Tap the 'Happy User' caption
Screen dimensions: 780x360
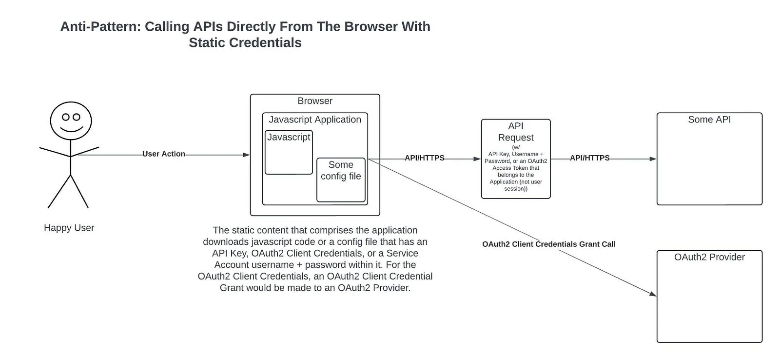(69, 228)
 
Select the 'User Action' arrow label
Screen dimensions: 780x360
(164, 154)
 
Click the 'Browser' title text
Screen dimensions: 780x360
(315, 101)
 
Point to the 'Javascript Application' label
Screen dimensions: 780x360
(315, 120)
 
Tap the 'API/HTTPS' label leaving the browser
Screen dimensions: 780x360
(425, 158)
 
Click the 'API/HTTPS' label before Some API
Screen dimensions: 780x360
(590, 158)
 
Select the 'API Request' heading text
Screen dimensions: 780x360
(516, 132)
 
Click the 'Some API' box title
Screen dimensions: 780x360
(709, 120)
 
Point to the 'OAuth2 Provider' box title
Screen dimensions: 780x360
(709, 257)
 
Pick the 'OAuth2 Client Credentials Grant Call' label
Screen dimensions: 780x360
(549, 244)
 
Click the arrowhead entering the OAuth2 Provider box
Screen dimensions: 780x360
(653, 294)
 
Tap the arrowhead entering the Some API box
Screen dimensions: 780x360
(653, 159)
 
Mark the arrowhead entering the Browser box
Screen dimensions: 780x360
(246, 155)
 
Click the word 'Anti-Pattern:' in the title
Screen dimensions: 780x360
(100, 27)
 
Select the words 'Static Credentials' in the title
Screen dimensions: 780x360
(245, 43)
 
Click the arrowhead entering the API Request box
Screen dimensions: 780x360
(477, 159)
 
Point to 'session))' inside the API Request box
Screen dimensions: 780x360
(516, 189)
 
